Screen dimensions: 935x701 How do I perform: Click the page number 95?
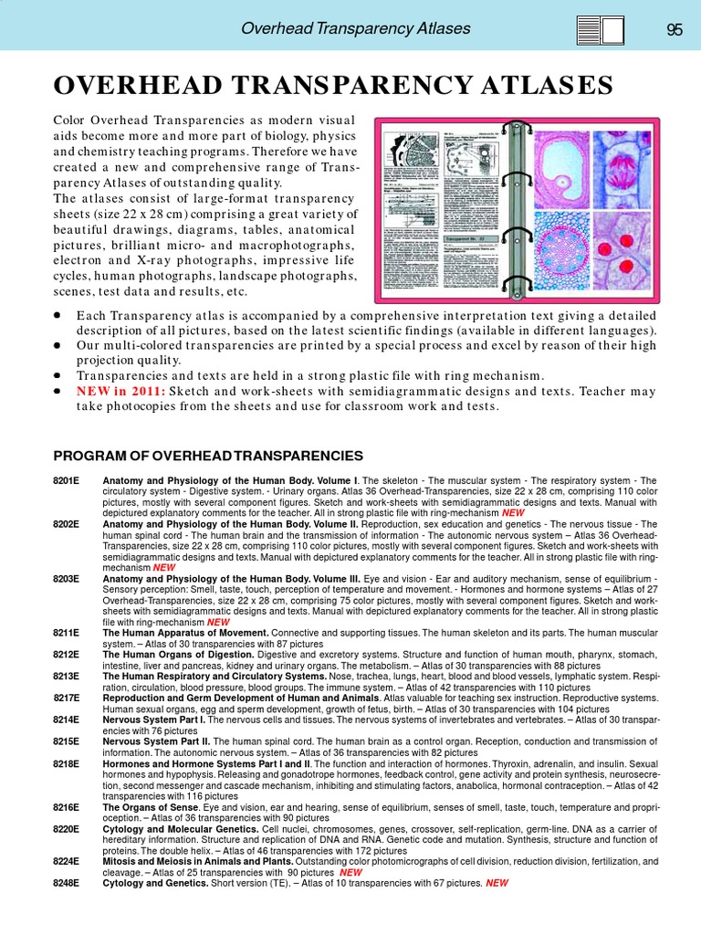675,29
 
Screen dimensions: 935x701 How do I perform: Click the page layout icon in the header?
601,30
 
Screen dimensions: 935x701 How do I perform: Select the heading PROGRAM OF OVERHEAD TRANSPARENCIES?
208,456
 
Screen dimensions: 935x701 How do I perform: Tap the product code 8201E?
67,480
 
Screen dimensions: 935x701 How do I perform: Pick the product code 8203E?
67,579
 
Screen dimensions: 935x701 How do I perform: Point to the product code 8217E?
67,698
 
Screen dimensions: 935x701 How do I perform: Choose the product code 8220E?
67,829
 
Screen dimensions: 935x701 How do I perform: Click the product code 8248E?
67,883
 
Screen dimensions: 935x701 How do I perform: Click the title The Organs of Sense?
149,807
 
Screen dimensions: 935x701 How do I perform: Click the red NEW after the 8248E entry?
497,883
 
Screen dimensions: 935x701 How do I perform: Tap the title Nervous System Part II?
157,741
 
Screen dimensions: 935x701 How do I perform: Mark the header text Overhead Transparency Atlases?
355,28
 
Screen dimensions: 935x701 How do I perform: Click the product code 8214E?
67,720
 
